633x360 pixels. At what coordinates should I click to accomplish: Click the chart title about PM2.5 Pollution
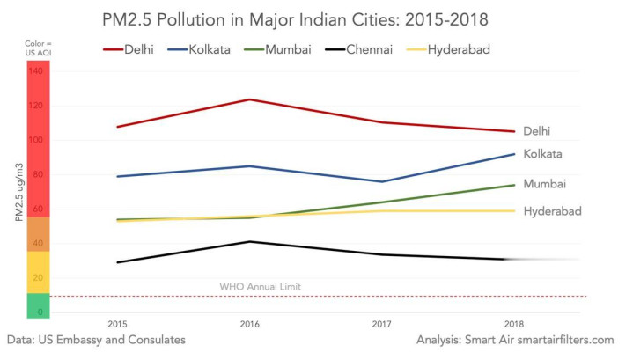coord(317,18)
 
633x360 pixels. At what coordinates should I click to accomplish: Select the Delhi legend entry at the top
coord(136,49)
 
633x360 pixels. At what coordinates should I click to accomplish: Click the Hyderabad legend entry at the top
coord(458,49)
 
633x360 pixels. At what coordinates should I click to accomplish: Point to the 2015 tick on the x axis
coord(116,324)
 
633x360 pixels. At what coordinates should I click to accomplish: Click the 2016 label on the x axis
coord(250,324)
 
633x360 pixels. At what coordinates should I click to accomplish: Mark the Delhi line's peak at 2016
coord(250,99)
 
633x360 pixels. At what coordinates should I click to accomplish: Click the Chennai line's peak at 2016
coord(250,241)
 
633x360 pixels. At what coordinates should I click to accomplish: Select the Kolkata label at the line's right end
coord(542,154)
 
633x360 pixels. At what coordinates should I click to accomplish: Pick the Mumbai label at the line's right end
coord(544,184)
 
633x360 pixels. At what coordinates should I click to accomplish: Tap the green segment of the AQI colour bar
coord(38,305)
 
